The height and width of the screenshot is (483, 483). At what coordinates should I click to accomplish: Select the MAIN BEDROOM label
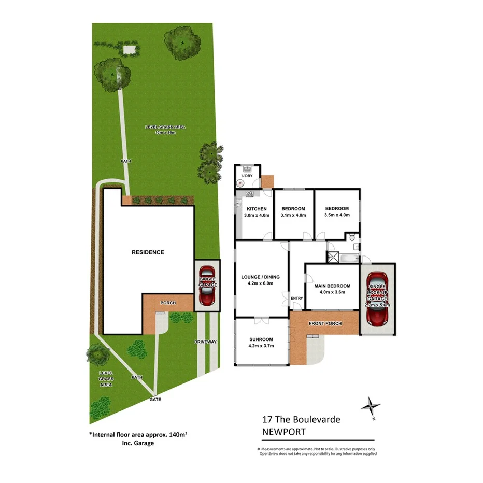pyautogui.click(x=333, y=286)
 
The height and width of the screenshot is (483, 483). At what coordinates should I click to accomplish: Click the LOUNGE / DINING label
pyautogui.click(x=261, y=277)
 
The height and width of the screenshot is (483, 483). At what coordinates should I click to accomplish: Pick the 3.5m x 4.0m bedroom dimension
pyautogui.click(x=336, y=215)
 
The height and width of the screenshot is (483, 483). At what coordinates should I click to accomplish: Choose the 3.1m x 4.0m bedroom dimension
pyautogui.click(x=293, y=215)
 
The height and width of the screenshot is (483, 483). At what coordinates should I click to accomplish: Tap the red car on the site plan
pyautogui.click(x=207, y=285)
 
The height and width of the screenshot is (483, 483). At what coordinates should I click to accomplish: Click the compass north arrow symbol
pyautogui.click(x=371, y=405)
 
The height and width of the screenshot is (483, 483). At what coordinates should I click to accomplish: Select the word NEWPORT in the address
pyautogui.click(x=283, y=432)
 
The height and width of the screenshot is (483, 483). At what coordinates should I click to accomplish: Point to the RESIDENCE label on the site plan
pyautogui.click(x=148, y=252)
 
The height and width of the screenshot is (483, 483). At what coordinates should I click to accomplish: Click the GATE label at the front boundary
pyautogui.click(x=155, y=400)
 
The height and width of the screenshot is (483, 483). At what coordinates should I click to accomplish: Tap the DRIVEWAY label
pyautogui.click(x=205, y=342)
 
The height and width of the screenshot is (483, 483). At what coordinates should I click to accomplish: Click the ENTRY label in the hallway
pyautogui.click(x=297, y=298)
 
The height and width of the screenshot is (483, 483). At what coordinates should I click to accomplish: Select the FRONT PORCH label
pyautogui.click(x=325, y=323)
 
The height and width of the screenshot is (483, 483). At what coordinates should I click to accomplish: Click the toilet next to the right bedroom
pyautogui.click(x=352, y=237)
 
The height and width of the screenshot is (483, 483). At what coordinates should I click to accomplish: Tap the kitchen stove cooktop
pyautogui.click(x=249, y=194)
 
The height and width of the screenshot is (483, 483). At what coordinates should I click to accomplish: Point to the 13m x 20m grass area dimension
pyautogui.click(x=165, y=133)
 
